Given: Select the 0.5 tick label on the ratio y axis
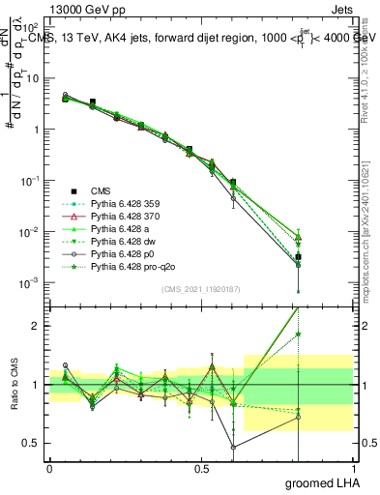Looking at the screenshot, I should [x=31, y=443].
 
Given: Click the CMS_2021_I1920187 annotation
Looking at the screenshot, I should [x=200, y=289].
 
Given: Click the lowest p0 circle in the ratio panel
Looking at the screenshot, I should [x=233, y=447].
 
